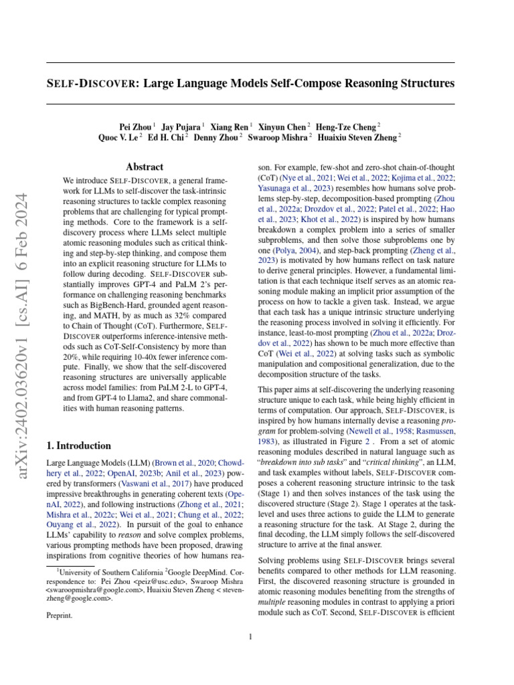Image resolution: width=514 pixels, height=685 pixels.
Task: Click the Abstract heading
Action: [x=145, y=167]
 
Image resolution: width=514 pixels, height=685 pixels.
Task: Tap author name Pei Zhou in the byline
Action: [x=135, y=126]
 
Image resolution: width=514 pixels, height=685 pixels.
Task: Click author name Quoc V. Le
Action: [x=118, y=137]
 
